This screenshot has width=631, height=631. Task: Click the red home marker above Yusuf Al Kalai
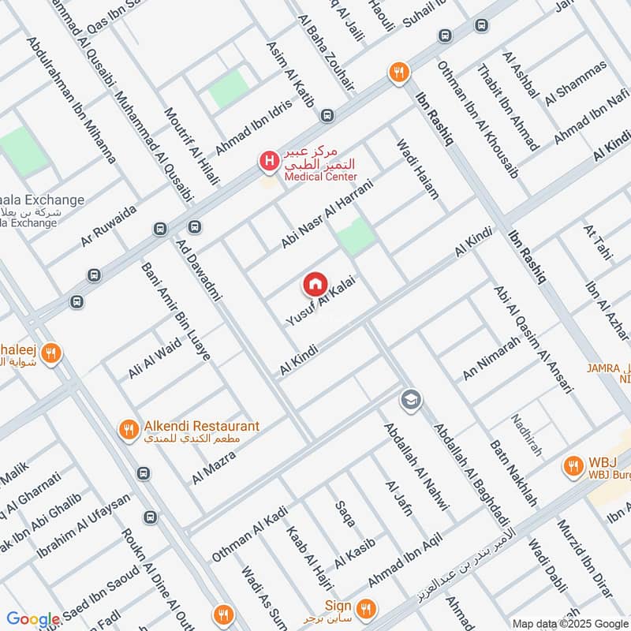315,283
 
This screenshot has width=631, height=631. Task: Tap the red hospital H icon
268,162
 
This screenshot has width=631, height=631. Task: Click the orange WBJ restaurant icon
572,466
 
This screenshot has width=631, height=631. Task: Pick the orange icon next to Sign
364,608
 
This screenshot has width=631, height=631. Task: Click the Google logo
33,619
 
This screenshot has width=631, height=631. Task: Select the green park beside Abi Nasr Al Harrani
357,236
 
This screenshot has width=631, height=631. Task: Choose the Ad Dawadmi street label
199,268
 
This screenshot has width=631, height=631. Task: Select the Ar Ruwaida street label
108,226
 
